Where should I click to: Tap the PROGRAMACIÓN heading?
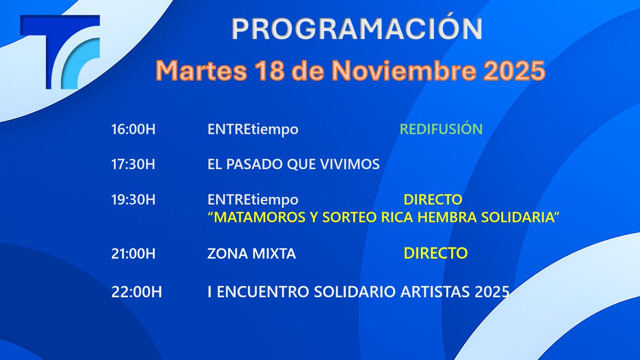pyautogui.click(x=356, y=30)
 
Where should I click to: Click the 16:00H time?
pyautogui.click(x=133, y=130)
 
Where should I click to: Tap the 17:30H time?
pyautogui.click(x=133, y=164)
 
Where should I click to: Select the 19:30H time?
pyautogui.click(x=133, y=200)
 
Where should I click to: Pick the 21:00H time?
pyautogui.click(x=133, y=254)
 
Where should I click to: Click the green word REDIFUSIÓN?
pyautogui.click(x=441, y=130)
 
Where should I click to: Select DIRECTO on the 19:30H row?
pyautogui.click(x=433, y=200)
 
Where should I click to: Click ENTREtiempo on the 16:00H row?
pyautogui.click(x=253, y=130)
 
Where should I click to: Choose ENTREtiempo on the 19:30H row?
pyautogui.click(x=253, y=200)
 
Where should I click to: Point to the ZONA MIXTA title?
pyautogui.click(x=251, y=254)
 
